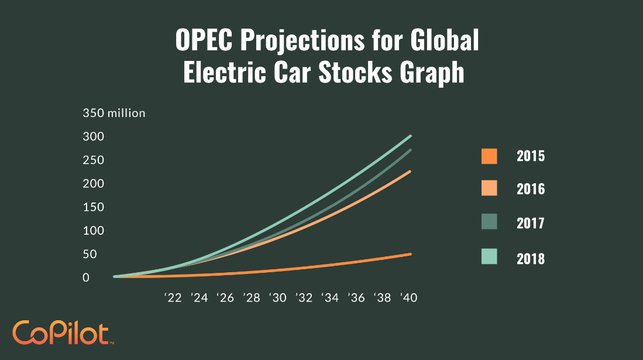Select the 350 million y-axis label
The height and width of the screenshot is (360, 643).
(114, 113)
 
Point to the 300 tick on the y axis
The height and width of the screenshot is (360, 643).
(93, 136)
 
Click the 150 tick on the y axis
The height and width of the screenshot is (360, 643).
(93, 207)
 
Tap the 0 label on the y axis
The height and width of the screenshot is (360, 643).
(86, 277)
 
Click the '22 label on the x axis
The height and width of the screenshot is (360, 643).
(173, 298)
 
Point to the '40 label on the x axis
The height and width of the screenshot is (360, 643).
(408, 298)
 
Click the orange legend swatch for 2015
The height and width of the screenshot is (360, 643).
(489, 156)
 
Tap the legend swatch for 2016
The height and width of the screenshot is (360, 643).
(489, 188)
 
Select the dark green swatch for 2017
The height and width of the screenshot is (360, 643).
(489, 223)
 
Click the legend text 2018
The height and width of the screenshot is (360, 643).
(531, 259)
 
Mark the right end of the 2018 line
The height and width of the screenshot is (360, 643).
(411, 136)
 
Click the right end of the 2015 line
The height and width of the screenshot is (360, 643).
(411, 254)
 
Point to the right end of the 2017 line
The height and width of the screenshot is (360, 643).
(411, 150)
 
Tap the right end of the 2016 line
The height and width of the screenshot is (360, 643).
(411, 172)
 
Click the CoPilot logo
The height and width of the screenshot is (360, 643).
(61, 332)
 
